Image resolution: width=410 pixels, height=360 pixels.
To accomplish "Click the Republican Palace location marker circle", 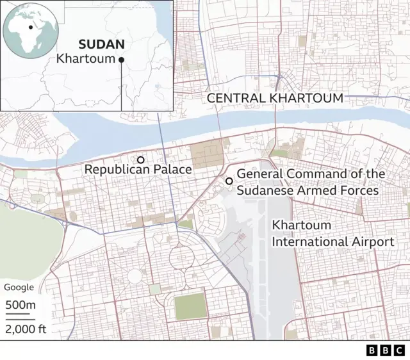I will [140, 160].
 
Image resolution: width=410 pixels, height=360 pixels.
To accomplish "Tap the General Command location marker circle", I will [229, 181].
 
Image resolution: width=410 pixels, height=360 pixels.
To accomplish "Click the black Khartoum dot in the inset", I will [121, 60].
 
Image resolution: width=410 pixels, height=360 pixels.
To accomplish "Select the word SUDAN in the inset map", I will [101, 45].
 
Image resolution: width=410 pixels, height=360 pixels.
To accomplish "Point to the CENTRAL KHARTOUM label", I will [275, 98].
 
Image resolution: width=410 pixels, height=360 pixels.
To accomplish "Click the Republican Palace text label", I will [138, 170].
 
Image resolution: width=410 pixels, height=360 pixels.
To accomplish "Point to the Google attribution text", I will [19, 288].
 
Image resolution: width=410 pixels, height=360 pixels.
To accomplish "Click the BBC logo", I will [386, 350].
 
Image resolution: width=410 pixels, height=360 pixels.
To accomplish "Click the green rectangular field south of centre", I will [188, 306].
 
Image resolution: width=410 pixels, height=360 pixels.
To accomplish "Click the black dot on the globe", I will [30, 28].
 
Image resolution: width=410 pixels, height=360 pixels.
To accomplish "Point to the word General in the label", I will [259, 174].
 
